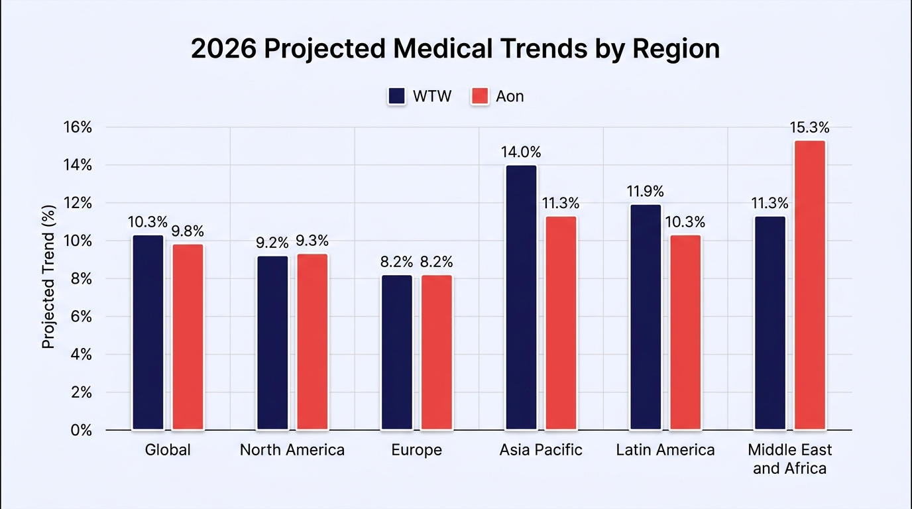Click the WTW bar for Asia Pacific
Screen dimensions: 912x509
point(521,298)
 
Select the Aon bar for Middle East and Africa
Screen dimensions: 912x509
point(810,285)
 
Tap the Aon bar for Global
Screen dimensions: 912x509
point(188,337)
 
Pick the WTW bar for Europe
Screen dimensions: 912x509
point(397,352)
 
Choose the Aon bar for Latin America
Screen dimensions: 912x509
point(685,332)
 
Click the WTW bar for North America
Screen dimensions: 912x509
point(272,343)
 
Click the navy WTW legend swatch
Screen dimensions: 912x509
point(396,97)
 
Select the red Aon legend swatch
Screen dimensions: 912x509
point(480,97)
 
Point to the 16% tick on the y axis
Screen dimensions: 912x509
point(78,127)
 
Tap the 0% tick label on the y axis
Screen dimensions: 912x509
point(82,430)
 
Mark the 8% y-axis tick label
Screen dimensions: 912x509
point(82,279)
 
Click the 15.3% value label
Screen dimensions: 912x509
point(810,128)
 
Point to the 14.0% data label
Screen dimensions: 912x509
point(521,152)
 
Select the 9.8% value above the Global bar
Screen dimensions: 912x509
point(188,231)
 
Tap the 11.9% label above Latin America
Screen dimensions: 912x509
point(646,191)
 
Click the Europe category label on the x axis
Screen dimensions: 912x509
point(416,450)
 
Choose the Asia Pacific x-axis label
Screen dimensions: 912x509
point(541,450)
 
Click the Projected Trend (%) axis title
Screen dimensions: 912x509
point(48,277)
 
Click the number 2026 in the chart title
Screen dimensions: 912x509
point(224,48)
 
